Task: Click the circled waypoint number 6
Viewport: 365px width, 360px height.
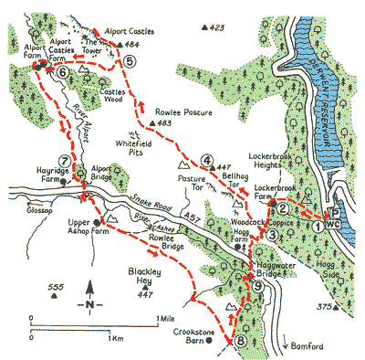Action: pyautogui.click(x=62, y=71)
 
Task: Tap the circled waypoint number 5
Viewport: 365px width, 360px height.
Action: pyautogui.click(x=130, y=61)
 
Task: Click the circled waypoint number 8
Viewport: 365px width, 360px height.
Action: pyautogui.click(x=240, y=342)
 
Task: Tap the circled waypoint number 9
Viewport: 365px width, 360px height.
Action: pyautogui.click(x=258, y=286)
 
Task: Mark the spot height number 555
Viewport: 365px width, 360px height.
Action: pyautogui.click(x=57, y=290)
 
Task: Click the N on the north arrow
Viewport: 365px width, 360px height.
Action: pyautogui.click(x=89, y=303)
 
